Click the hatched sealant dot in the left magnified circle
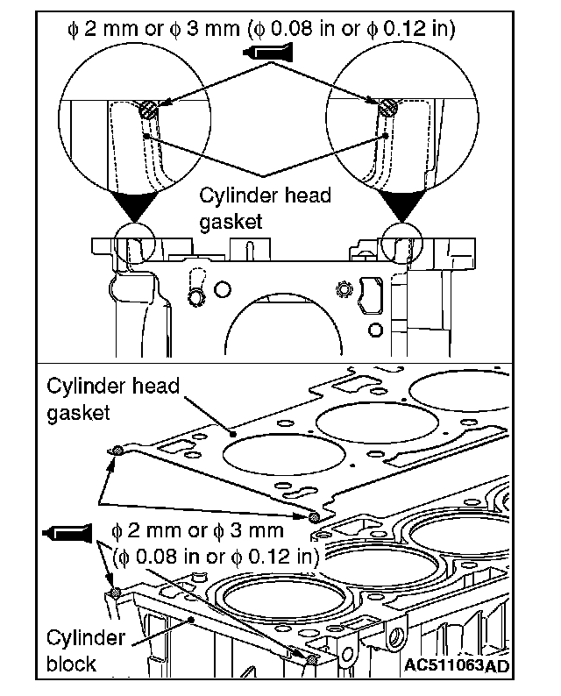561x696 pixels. [x=150, y=110]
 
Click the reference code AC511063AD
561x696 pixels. [x=455, y=666]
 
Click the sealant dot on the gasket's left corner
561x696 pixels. [x=116, y=451]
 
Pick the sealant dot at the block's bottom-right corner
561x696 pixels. [x=311, y=659]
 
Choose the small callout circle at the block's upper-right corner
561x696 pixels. [x=401, y=240]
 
